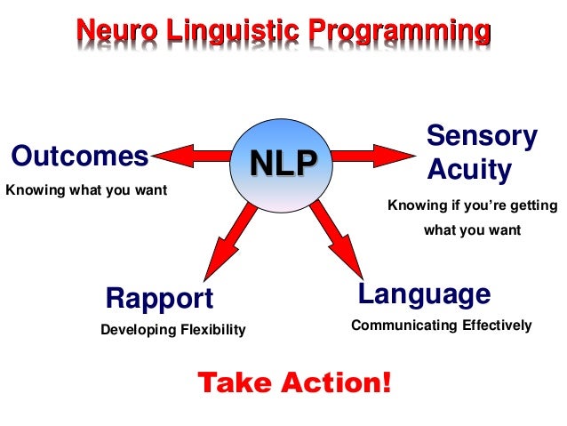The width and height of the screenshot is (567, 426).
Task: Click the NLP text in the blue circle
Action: point(283,164)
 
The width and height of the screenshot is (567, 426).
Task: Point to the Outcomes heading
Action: point(80,157)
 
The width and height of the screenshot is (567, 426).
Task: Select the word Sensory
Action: point(482,137)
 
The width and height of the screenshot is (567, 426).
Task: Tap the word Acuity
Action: point(469,169)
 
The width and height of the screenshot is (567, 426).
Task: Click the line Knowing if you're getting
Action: point(473,206)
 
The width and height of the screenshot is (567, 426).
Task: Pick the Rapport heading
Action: point(159,298)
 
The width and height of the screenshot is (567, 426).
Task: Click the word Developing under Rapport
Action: point(138,331)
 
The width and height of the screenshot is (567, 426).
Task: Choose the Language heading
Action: point(424,293)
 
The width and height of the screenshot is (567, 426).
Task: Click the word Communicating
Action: point(403,326)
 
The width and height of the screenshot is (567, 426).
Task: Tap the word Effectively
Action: point(495,326)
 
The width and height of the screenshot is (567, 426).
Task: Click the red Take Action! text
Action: point(293,383)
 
